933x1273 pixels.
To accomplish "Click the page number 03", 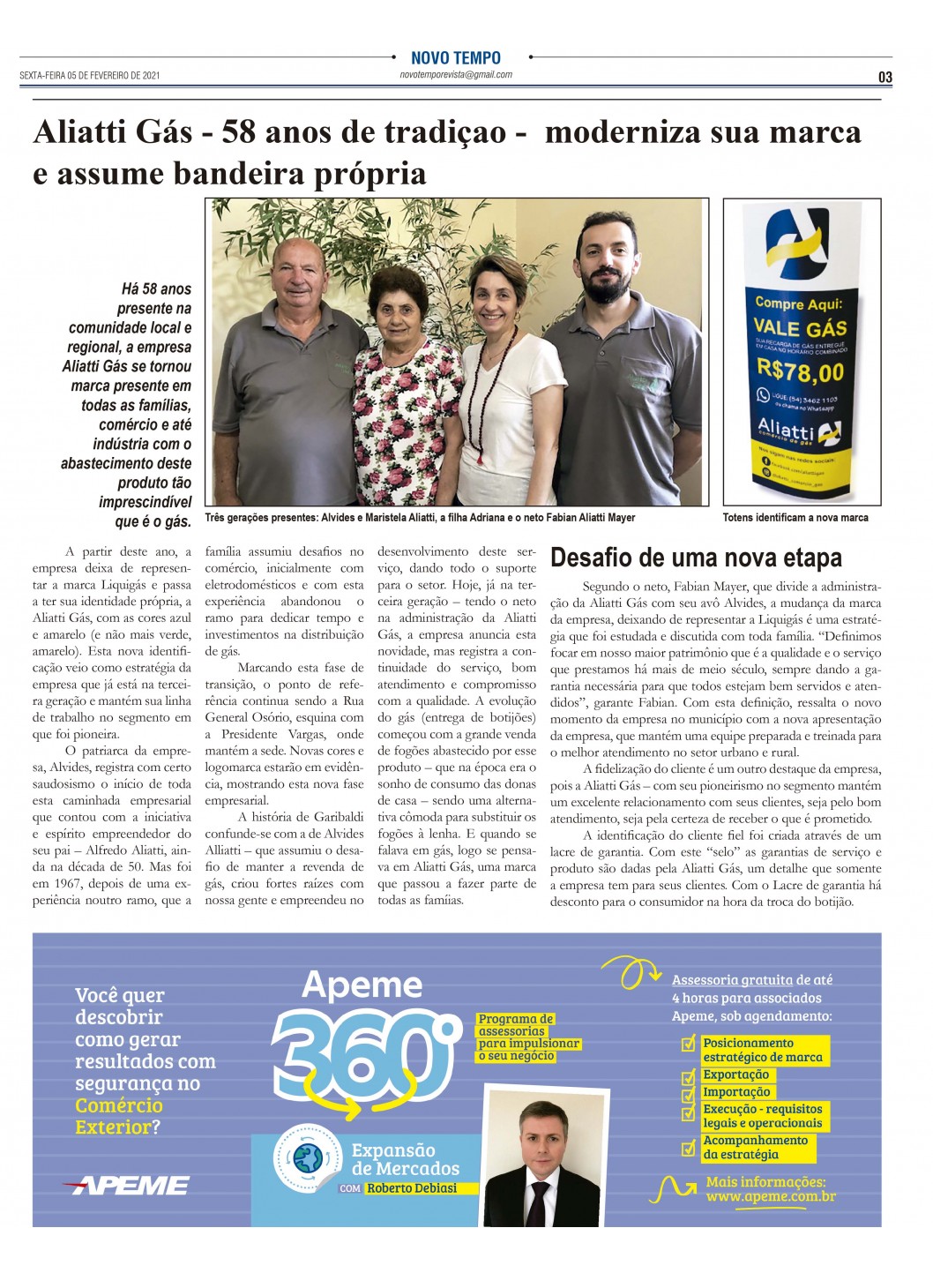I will (884, 78).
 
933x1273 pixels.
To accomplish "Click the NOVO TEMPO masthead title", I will (455, 58).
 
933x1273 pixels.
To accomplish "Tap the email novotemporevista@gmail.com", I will (455, 75).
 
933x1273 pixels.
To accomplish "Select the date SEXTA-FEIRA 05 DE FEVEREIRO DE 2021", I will (90, 76).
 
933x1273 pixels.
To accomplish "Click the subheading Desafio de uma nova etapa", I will (696, 558).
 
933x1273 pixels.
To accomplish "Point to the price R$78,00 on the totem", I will (800, 370).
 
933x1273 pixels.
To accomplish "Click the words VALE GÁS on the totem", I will (800, 327).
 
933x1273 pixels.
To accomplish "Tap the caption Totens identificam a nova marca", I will (795, 518).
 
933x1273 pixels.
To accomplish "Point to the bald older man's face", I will (300, 277).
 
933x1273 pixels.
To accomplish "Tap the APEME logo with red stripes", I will (127, 1186).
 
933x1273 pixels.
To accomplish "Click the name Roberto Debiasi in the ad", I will (412, 1188).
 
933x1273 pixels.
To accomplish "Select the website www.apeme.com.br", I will (770, 1197).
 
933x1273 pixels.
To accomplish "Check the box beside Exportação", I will (689, 1077).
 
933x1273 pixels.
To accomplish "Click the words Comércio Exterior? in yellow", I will (118, 1117).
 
